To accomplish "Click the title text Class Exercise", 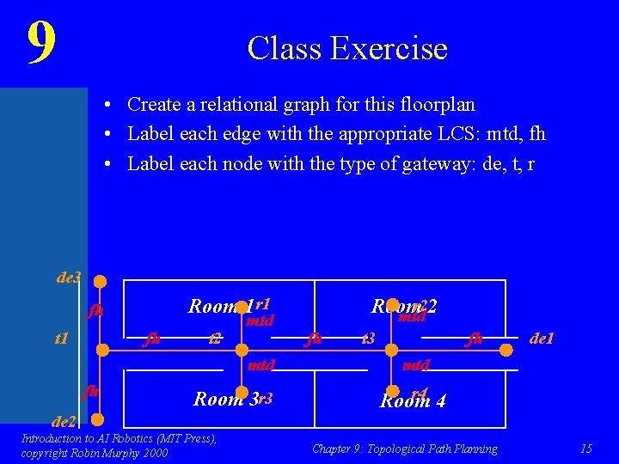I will tap(347, 48).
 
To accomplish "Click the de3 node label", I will tap(69, 278).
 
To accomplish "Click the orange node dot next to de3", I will tap(100, 281).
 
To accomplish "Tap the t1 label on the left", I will tap(61, 339).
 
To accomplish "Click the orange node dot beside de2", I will tap(100, 420).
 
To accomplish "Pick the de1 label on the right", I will tap(542, 339).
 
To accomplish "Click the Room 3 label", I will tap(226, 399).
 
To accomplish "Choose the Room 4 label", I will tap(413, 401).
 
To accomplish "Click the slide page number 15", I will tap(586, 449).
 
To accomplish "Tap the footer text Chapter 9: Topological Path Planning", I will tap(404, 449).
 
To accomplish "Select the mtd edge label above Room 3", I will tap(261, 365).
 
